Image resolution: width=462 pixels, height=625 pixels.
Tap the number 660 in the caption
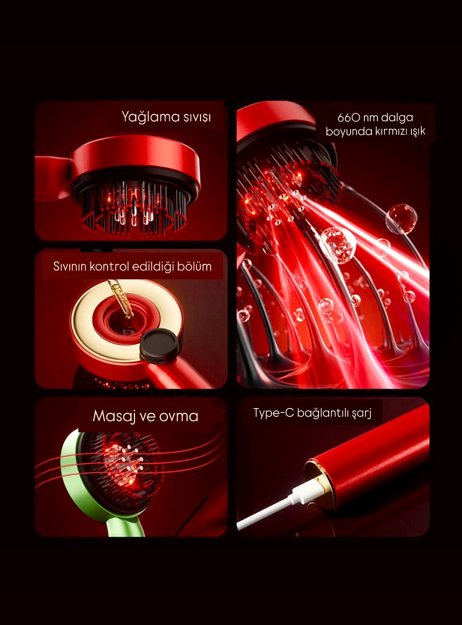click(349, 118)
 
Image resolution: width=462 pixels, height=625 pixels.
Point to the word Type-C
click(274, 413)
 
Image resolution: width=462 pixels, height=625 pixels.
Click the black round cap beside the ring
click(160, 345)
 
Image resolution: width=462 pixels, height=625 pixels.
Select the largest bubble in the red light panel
click(338, 245)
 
